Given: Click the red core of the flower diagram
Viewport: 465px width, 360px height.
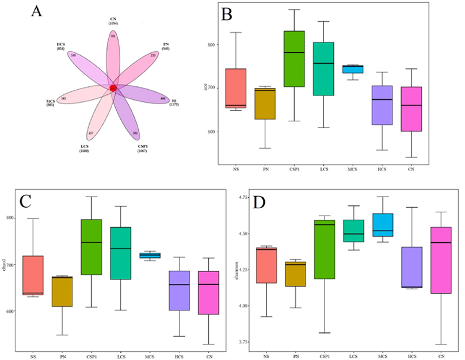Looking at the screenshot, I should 113,88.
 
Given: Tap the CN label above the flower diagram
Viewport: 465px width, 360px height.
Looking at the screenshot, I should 113,20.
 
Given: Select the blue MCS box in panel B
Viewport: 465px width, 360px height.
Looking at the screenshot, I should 353,69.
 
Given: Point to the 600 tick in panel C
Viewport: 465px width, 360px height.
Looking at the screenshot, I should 16,311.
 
